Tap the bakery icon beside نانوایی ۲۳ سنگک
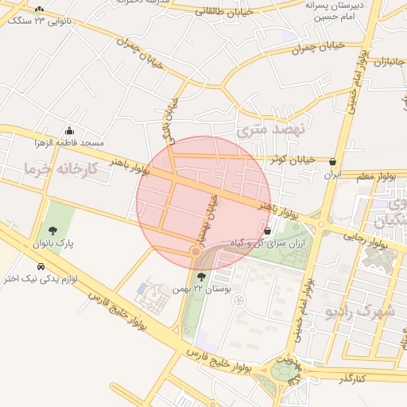click(39, 10)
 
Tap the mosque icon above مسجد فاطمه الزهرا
click(70, 131)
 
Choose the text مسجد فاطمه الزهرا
click(69, 143)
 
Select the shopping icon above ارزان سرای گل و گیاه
click(267, 231)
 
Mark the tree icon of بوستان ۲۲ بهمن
click(200, 277)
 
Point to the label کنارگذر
click(351, 378)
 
